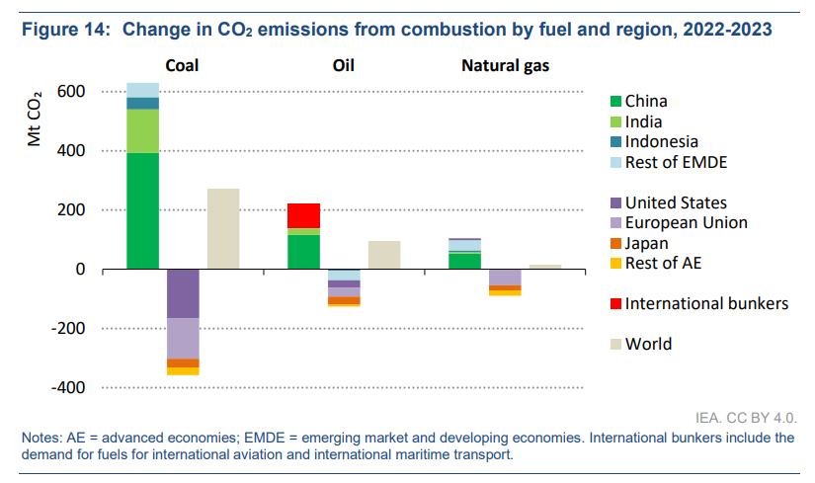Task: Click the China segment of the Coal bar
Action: (x=143, y=210)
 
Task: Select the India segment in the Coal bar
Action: (x=143, y=130)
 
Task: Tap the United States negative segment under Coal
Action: (x=183, y=293)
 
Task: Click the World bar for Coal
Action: (x=223, y=228)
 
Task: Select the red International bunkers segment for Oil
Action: (x=303, y=215)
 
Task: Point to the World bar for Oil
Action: (x=384, y=255)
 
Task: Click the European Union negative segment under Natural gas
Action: (x=506, y=278)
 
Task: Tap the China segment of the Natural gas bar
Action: (x=465, y=261)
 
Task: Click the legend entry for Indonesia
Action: (x=661, y=142)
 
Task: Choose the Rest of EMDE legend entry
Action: (x=675, y=162)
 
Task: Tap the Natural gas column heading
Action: (x=506, y=67)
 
